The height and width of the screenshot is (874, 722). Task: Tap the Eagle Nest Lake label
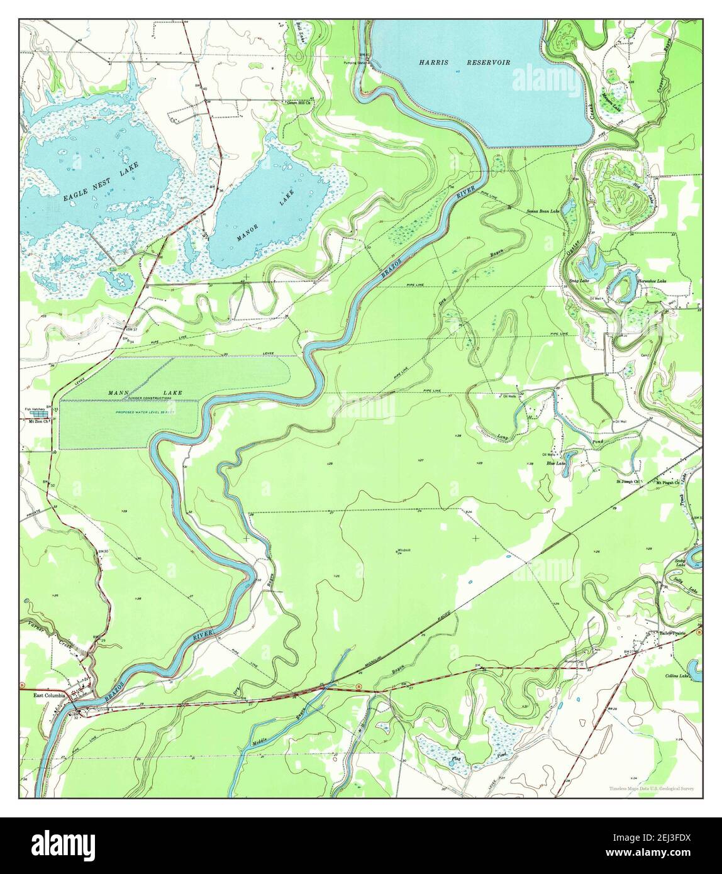[x=101, y=181]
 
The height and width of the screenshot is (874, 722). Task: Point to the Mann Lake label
[x=145, y=393]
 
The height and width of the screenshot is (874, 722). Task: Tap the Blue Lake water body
[x=570, y=456]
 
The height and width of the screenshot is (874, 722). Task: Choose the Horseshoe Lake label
[x=652, y=282]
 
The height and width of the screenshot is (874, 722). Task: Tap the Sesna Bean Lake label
[x=543, y=212]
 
